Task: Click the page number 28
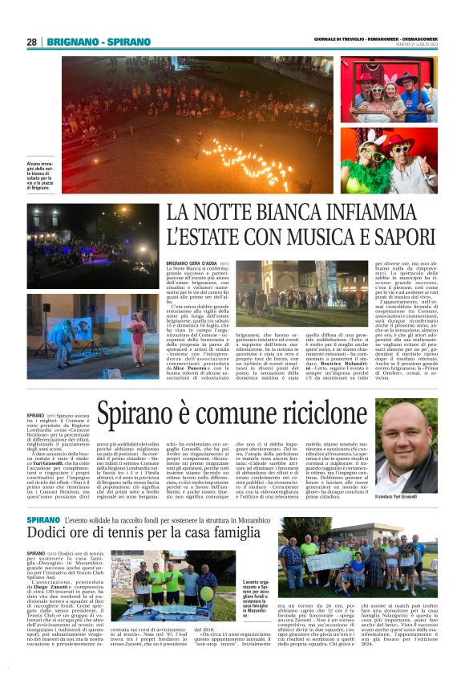click(31, 42)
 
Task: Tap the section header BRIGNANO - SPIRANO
click(99, 42)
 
